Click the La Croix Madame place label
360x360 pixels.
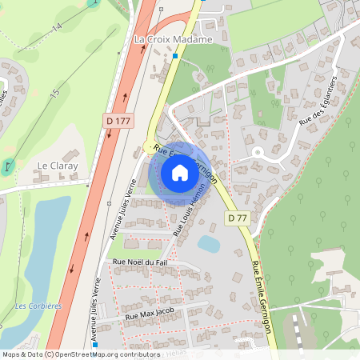pos(173,39)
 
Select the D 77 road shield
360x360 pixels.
pos(236,218)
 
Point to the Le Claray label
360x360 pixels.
pos(55,166)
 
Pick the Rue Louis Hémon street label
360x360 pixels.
pos(190,209)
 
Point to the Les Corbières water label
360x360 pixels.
pos(38,306)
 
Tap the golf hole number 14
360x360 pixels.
pos(57,27)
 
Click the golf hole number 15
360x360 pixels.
pos(54,94)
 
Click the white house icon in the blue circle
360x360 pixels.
pos(180,172)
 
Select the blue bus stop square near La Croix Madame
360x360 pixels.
pos(175,56)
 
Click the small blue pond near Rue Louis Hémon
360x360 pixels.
pos(209,243)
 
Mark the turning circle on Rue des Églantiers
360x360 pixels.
pos(258,153)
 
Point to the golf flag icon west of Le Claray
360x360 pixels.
pos(9,166)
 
